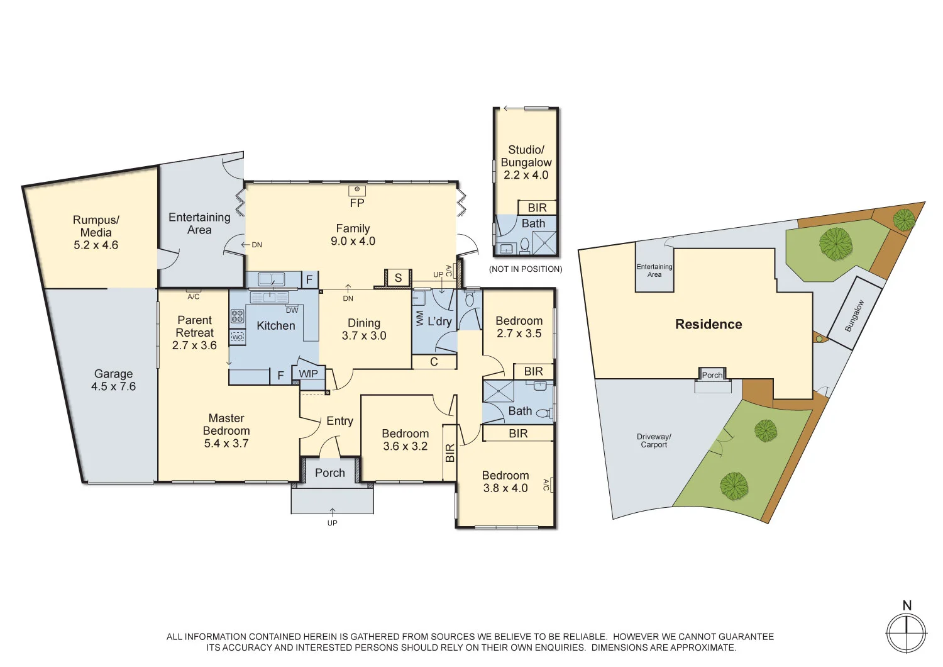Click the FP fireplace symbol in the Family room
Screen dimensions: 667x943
(357, 190)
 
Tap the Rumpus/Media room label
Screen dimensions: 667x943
(96, 232)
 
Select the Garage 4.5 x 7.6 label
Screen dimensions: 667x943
(113, 380)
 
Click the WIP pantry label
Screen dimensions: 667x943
(308, 374)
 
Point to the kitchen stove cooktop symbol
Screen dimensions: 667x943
(237, 316)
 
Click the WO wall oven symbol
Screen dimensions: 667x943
(237, 337)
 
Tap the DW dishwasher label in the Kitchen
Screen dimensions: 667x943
(292, 310)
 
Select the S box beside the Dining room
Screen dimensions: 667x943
(398, 277)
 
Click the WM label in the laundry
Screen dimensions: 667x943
(420, 319)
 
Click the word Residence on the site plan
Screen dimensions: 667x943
(709, 324)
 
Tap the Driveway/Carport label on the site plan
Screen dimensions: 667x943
(654, 440)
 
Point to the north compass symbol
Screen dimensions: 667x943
(906, 632)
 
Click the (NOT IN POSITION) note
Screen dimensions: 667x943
(526, 269)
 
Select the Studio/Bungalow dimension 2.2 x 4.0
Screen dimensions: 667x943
(526, 176)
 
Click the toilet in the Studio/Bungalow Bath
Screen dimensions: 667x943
(524, 245)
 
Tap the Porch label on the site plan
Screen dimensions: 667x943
(712, 375)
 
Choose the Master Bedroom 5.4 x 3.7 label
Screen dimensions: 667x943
(226, 431)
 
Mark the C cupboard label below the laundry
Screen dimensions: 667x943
(434, 362)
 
